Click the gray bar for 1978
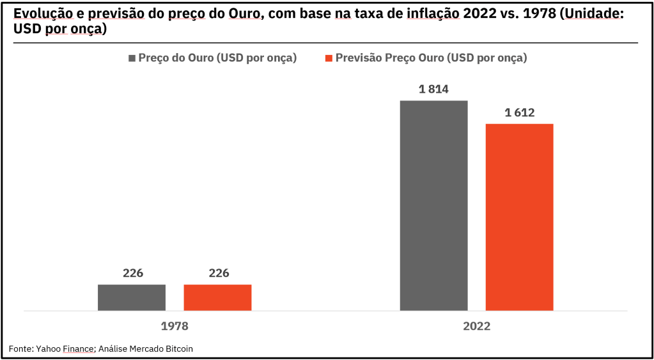pyautogui.click(x=132, y=297)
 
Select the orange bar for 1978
pyautogui.click(x=217, y=297)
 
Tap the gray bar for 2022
pyautogui.click(x=433, y=205)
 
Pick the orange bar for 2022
pyautogui.click(x=519, y=217)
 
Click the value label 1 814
pyautogui.click(x=433, y=90)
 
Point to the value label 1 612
pyautogui.click(x=519, y=113)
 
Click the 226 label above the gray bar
pyautogui.click(x=132, y=273)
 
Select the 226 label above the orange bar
pyautogui.click(x=218, y=273)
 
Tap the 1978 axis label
pyautogui.click(x=174, y=326)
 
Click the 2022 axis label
pyautogui.click(x=476, y=326)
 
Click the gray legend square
pyautogui.click(x=132, y=58)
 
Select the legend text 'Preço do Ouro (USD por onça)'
pyautogui.click(x=217, y=58)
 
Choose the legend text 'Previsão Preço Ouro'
pyautogui.click(x=390, y=58)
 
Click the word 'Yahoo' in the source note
pyautogui.click(x=49, y=348)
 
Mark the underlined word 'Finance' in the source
pyautogui.click(x=78, y=348)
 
